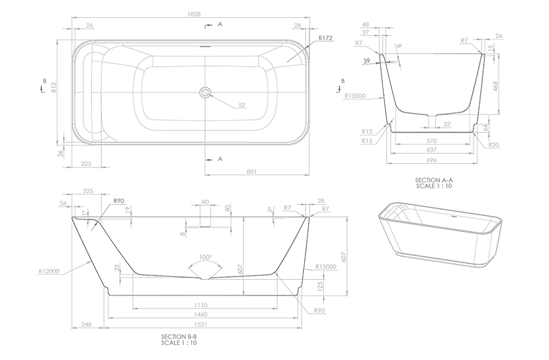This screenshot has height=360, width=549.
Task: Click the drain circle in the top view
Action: coord(204,92)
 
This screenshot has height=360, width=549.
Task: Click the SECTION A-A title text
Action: coord(434,180)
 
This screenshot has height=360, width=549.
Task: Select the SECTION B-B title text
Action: coord(180,337)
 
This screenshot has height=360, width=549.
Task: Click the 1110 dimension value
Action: coord(200,304)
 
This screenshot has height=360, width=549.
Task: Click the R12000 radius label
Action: coord(49,271)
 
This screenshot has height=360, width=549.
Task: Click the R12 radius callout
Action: coord(367,132)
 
